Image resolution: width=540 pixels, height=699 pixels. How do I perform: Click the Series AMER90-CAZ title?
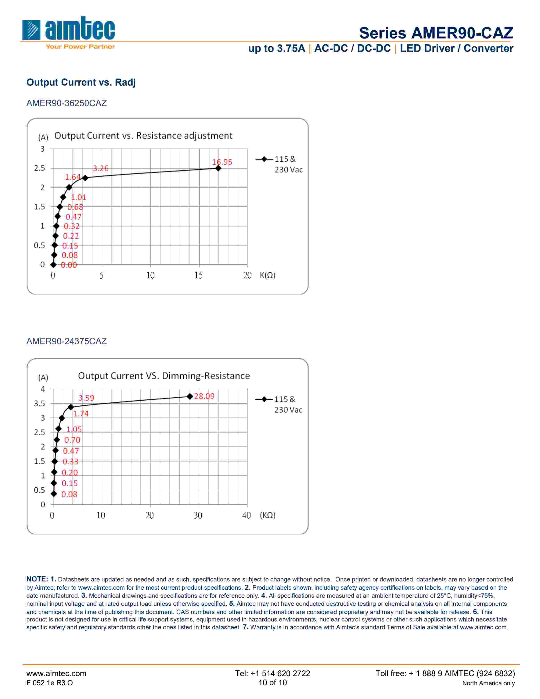point(436,33)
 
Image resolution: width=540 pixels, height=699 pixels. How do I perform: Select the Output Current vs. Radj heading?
point(81,82)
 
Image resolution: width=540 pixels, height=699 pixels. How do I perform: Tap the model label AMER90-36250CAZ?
point(66,103)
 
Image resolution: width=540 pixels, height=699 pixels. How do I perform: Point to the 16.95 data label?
point(222,162)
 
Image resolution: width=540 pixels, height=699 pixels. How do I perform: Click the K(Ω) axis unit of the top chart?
point(267,275)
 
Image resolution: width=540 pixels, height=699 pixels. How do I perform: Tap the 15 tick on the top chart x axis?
point(199,275)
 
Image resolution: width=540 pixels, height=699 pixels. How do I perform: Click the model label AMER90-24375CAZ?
point(66,341)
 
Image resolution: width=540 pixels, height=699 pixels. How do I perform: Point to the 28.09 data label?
point(204,396)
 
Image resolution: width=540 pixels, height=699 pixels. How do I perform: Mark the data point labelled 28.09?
point(190,397)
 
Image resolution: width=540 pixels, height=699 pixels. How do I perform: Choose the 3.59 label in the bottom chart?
point(86,398)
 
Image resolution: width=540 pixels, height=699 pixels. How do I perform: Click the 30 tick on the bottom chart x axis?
point(198,515)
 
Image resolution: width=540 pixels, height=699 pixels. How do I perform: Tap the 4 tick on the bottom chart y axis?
point(43,389)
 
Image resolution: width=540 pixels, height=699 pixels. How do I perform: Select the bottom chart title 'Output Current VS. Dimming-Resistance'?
point(164,376)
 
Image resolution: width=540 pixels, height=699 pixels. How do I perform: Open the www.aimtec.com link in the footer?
point(56,673)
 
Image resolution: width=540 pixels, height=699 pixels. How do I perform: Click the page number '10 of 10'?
point(273,683)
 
